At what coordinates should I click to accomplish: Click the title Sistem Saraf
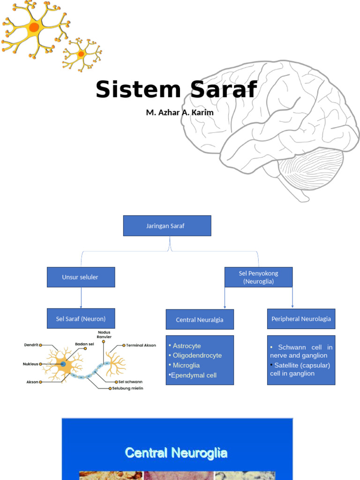coord(176,90)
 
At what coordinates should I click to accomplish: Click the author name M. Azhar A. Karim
coord(180,112)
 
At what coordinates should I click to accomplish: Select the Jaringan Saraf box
coord(167,225)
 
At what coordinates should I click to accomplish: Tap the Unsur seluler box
coord(81,277)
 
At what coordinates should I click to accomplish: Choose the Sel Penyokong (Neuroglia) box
coord(258,277)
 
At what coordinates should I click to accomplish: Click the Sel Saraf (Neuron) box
coord(81,319)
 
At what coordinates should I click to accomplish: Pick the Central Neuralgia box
coord(200,320)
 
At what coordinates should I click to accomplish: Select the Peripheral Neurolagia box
coord(301,319)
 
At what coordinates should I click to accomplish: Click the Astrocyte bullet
coord(187,346)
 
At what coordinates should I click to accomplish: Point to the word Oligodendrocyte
coord(197,355)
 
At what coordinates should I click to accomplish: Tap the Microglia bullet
coord(186,365)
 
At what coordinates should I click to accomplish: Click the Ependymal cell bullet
coord(194,375)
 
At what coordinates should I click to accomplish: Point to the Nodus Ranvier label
coord(104,335)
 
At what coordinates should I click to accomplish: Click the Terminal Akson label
coord(141,345)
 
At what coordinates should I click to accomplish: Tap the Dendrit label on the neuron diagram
coord(31,345)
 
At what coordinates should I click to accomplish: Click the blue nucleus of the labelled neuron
coord(63,364)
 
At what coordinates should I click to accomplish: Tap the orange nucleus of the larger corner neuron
coord(34,27)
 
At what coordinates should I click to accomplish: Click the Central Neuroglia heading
coord(176,453)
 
